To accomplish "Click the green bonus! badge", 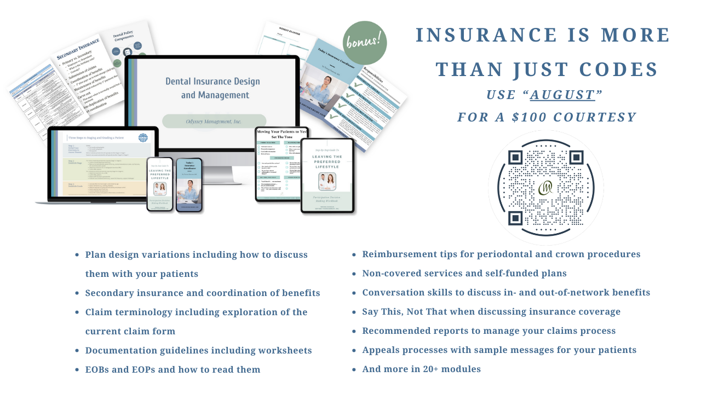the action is pos(365,43).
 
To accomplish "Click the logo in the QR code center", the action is pos(545,188).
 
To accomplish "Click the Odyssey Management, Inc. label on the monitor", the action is pos(214,121).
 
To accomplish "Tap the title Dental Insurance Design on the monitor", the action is pos(208,81).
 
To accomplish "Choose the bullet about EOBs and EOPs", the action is pos(173,369).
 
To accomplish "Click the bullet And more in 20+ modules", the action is pos(421,369).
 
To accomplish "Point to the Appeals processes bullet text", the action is pos(499,350).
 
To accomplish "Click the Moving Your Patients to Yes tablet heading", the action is pos(281,132).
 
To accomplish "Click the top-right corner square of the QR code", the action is pos(576,158).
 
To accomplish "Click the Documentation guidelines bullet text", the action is pos(198,350).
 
